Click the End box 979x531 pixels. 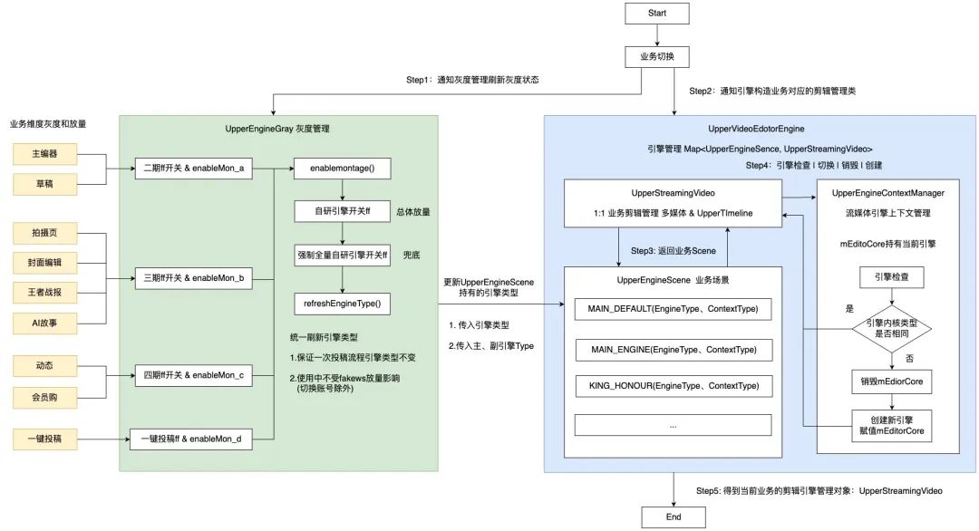tap(673, 517)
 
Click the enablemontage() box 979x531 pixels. tap(341, 169)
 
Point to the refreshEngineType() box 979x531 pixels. tap(341, 303)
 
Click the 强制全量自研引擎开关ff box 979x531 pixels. tap(341, 256)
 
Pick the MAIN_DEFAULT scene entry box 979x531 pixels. tap(673, 309)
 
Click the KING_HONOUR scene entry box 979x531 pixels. tap(673, 386)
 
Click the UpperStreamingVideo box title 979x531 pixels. tap(673, 193)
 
